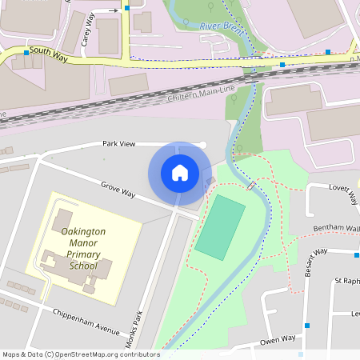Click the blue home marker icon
pos(180,173)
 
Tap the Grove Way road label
pos(118,190)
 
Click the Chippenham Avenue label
pos(85,321)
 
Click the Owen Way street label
pos(278,342)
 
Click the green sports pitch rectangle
pos(220,228)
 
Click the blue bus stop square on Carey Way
pos(126,9)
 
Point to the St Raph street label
pos(349,282)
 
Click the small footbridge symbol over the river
pos(251,186)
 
